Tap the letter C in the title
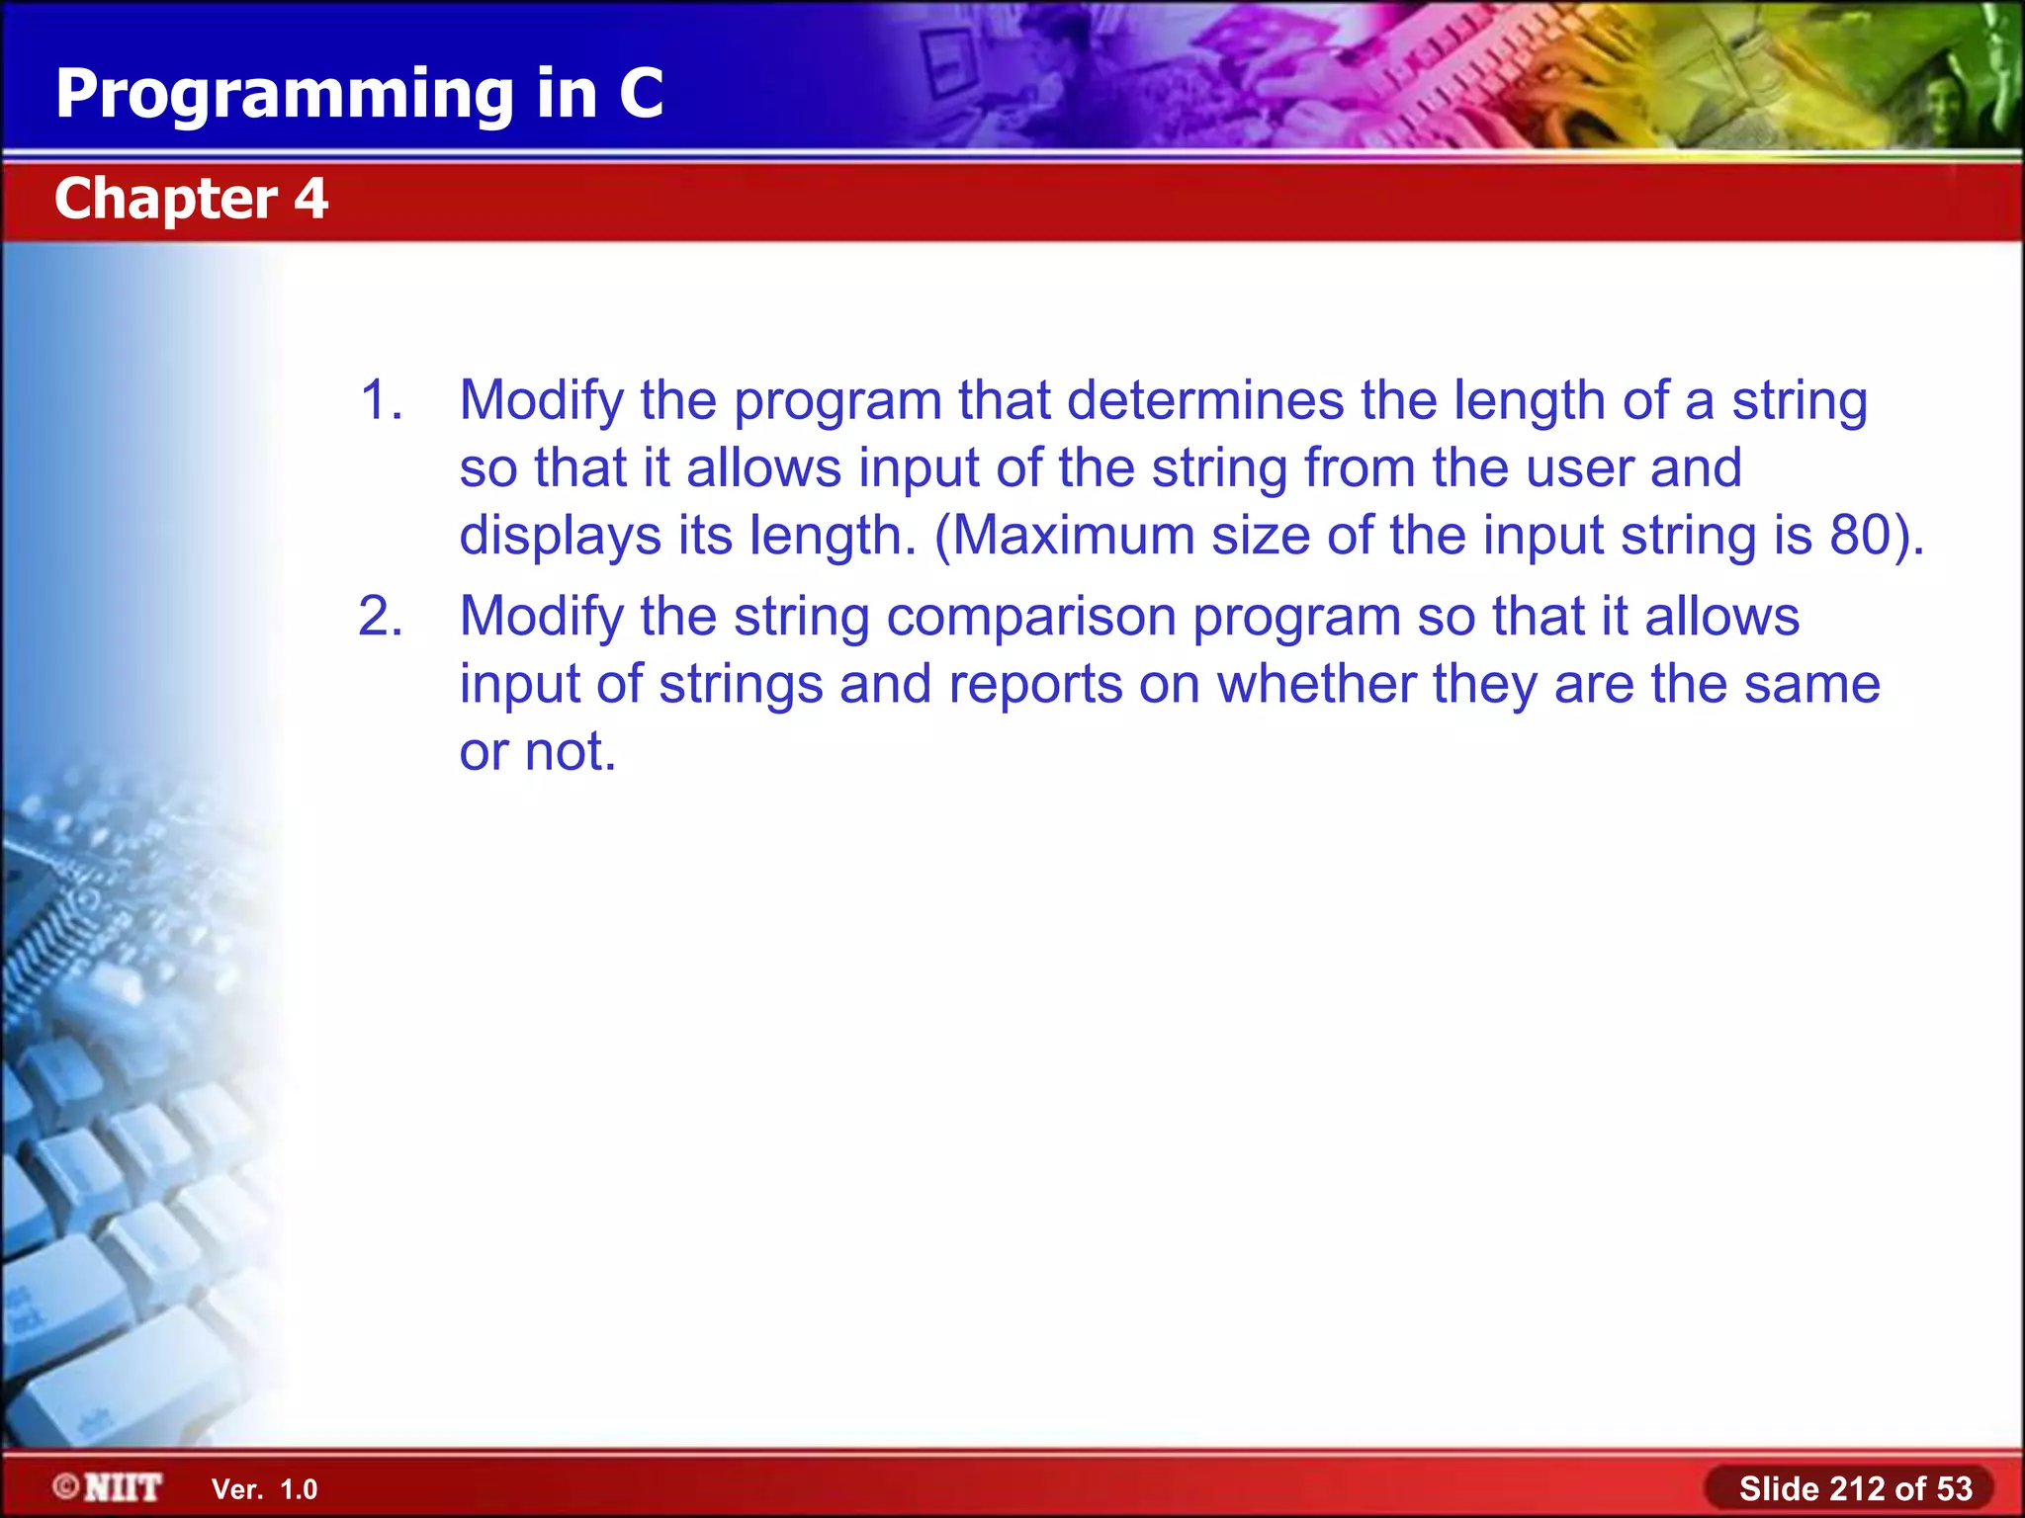[x=641, y=94]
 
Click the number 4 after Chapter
[x=310, y=199]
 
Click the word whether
[x=1316, y=684]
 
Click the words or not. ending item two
[x=538, y=752]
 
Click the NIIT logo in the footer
[x=123, y=1487]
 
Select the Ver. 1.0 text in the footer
[x=264, y=1489]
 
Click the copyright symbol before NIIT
[x=66, y=1486]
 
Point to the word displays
[x=560, y=536]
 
